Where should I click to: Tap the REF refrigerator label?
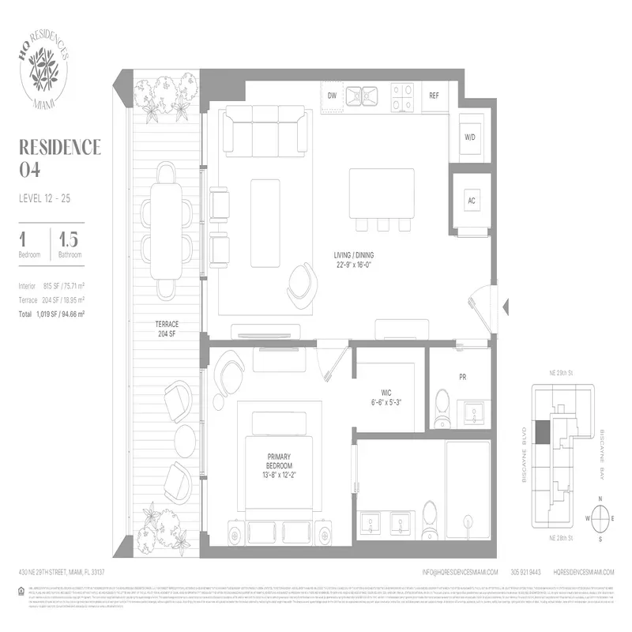pyautogui.click(x=434, y=96)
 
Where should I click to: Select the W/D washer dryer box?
pyautogui.click(x=470, y=137)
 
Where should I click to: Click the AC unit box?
pyautogui.click(x=472, y=201)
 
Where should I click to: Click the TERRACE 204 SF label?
pyautogui.click(x=167, y=329)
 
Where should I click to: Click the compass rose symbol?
pyautogui.click(x=601, y=518)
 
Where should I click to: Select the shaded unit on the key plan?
pyautogui.click(x=543, y=432)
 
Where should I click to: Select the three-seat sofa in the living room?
pyautogui.click(x=265, y=130)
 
